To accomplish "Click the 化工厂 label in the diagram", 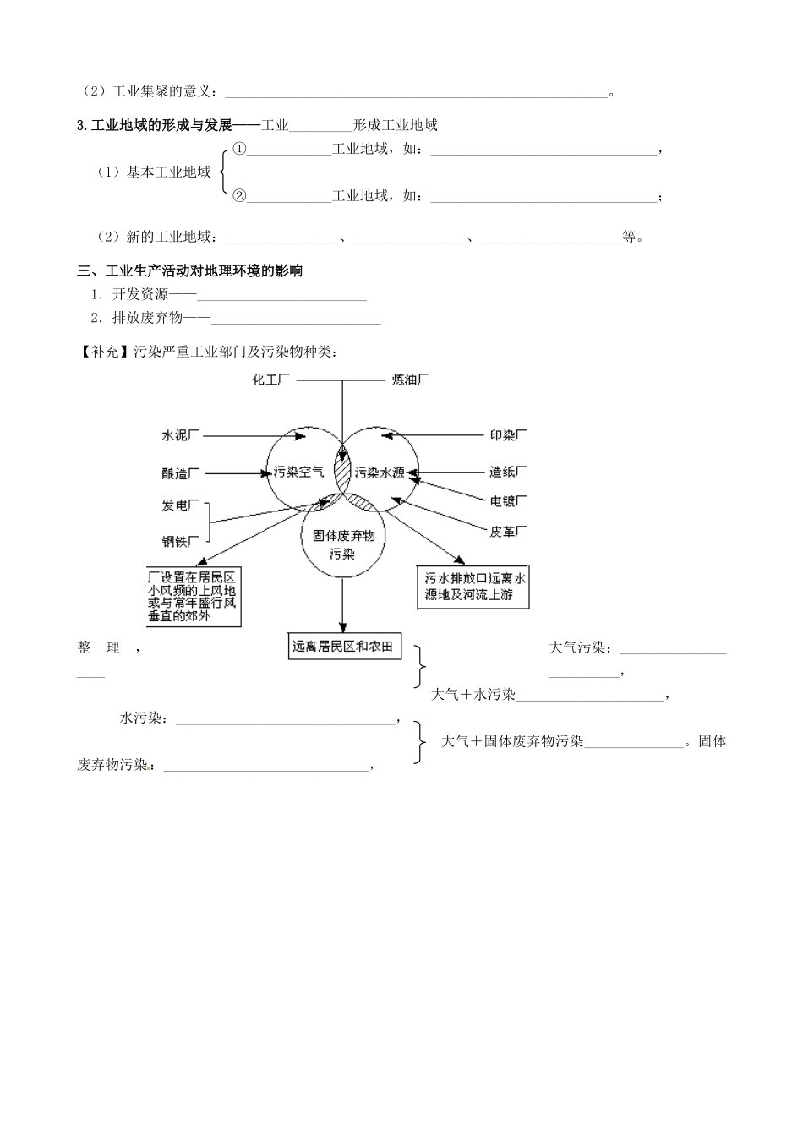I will [x=271, y=380].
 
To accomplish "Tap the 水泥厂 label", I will [x=180, y=435].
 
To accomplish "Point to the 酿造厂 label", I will [x=180, y=473].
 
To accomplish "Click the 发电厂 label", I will [x=180, y=505].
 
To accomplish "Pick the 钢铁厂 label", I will [x=180, y=541].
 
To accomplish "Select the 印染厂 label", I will [x=508, y=435].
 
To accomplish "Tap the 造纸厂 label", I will [x=508, y=471].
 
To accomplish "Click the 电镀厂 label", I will [x=508, y=501].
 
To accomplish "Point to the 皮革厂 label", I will [x=508, y=532].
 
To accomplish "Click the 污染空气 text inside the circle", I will [x=295, y=472].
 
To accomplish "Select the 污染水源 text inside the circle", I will [x=380, y=472].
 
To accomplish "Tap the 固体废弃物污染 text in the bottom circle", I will [x=342, y=545].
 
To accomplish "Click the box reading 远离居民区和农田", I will [x=343, y=647].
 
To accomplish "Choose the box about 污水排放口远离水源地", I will [x=475, y=587].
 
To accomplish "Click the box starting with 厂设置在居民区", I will [x=192, y=597].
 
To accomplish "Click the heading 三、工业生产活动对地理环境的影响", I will [x=190, y=271].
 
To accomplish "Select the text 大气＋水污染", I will [x=473, y=695].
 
